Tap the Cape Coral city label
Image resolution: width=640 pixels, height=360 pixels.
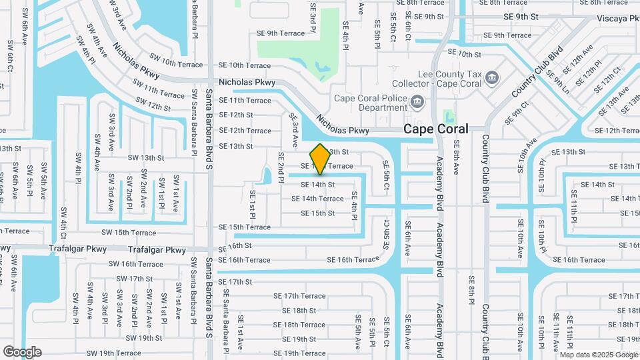pos(435,129)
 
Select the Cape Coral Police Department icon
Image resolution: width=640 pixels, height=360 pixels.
pos(417,102)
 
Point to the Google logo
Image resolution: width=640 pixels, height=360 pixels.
pos(22,351)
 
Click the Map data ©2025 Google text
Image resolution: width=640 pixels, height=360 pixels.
pos(599,355)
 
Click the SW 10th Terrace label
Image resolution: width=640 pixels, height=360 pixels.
pos(176,64)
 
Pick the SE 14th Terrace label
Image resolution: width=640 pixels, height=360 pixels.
pos(317,199)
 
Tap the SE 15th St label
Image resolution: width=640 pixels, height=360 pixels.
pos(317,213)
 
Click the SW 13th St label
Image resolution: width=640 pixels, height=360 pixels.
pos(145,158)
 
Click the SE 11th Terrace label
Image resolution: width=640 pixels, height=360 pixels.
pos(245,101)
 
